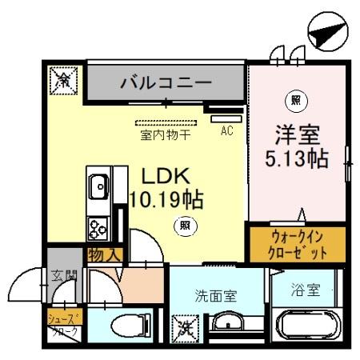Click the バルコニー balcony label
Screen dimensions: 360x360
point(166,82)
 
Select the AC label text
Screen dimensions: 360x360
point(226,131)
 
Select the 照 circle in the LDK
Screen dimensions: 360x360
point(185,226)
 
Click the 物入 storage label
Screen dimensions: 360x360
point(105,255)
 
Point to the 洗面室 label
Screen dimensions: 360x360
point(216,294)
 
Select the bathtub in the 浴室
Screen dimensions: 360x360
point(307,327)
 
